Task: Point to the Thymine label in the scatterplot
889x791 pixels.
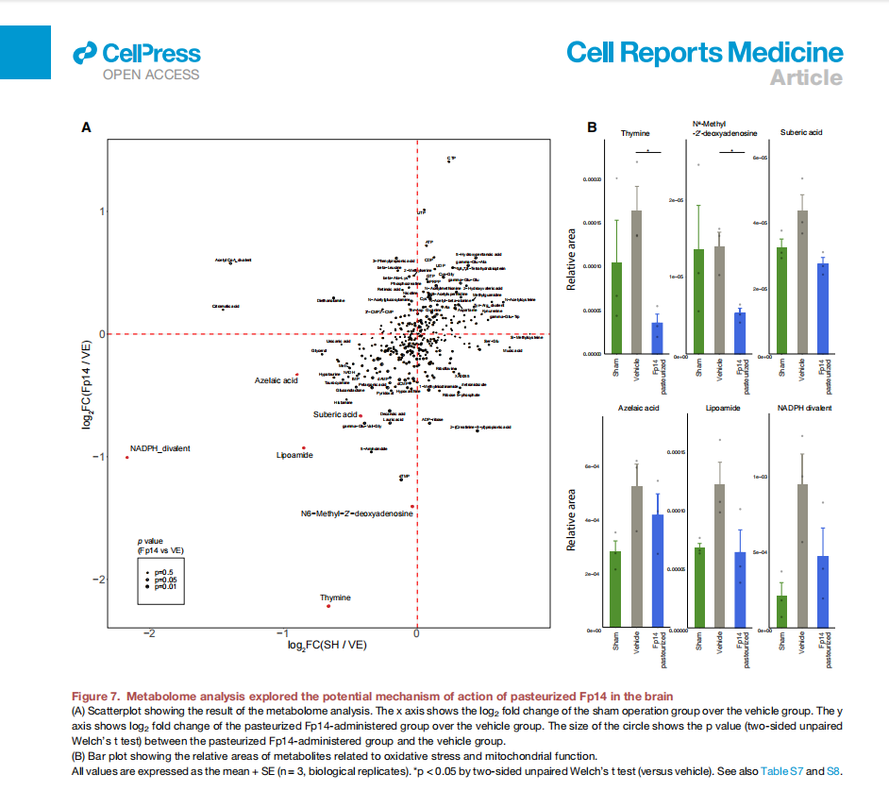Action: pyautogui.click(x=335, y=597)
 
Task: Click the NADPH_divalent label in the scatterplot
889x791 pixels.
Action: pyautogui.click(x=160, y=448)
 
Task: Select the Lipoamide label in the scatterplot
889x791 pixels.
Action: pyautogui.click(x=294, y=456)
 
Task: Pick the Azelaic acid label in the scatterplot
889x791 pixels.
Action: pyautogui.click(x=276, y=380)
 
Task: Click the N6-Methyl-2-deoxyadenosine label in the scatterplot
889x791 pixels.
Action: pyautogui.click(x=357, y=513)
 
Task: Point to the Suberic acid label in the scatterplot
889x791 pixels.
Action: pyautogui.click(x=336, y=414)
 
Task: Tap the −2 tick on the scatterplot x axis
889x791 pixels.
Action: pyautogui.click(x=148, y=631)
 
